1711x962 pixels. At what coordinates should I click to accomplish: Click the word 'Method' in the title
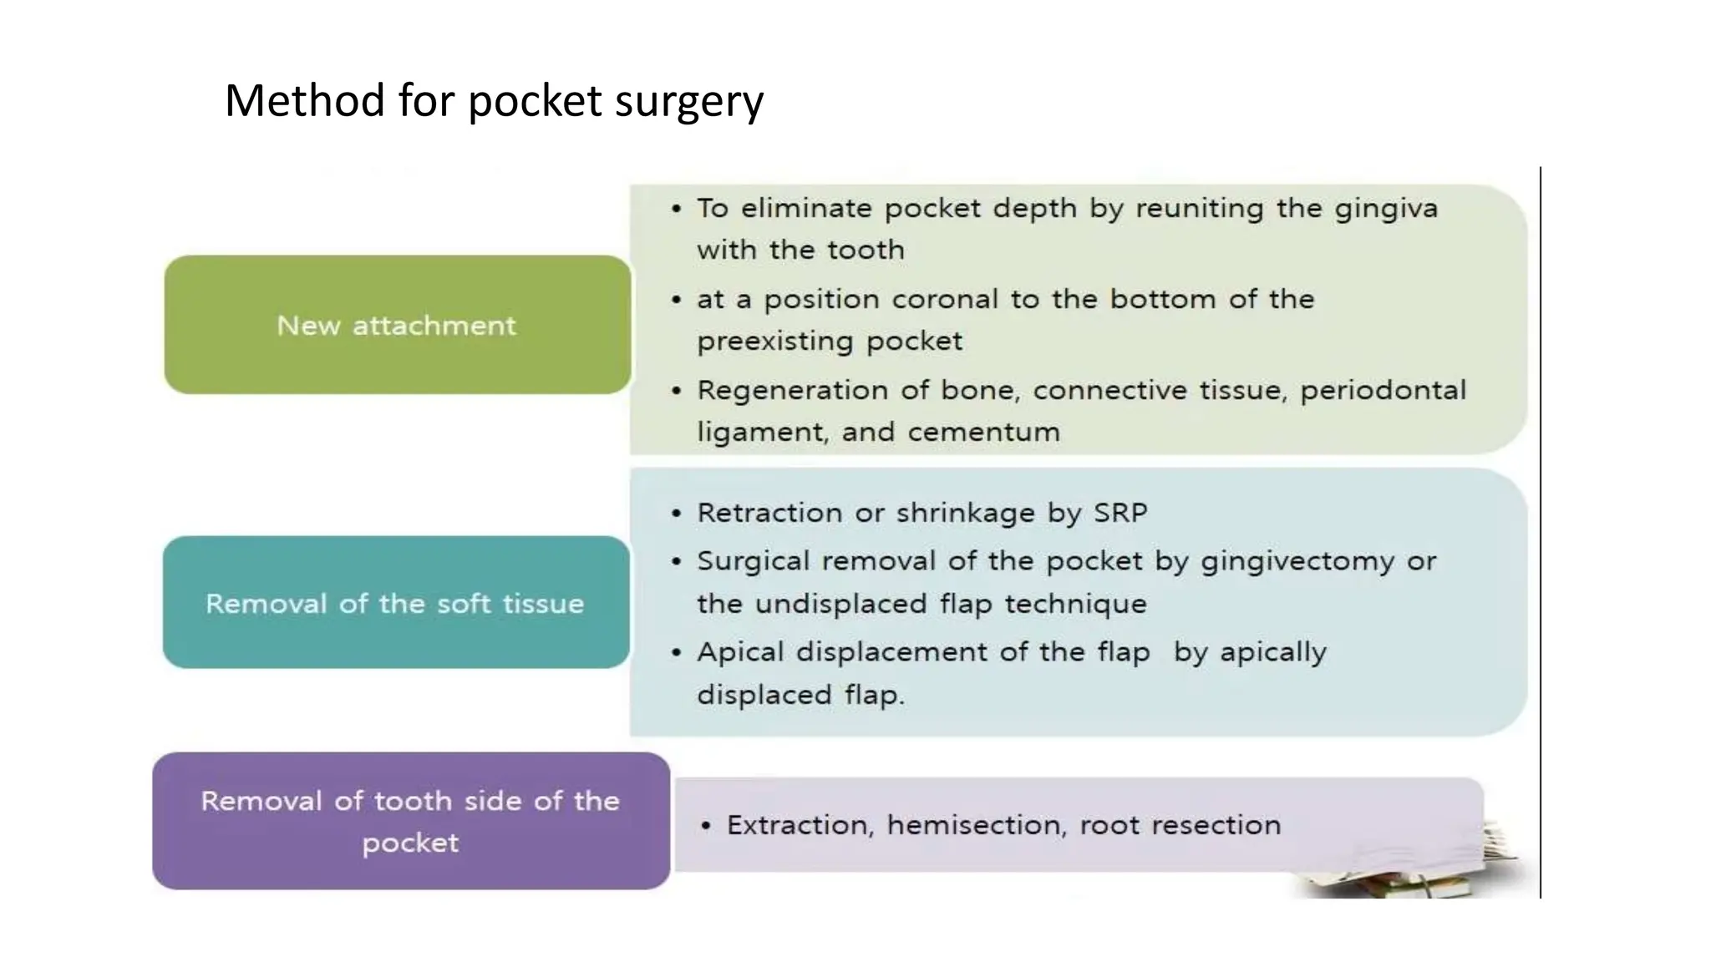(304, 101)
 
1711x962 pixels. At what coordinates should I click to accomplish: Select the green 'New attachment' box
(397, 325)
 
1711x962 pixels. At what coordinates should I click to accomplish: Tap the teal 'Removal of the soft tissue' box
(396, 602)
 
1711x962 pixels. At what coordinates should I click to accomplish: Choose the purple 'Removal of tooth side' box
(410, 821)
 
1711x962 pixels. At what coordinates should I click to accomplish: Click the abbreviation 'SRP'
(1120, 513)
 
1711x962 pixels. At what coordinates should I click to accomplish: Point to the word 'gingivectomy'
(1297, 561)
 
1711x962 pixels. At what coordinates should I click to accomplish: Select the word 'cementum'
(983, 432)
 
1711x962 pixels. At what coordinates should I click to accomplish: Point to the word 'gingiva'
(1386, 208)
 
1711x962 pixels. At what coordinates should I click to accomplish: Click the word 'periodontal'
(1383, 391)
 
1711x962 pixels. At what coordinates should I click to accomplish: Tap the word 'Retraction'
(769, 513)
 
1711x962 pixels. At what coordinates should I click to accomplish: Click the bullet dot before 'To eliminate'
(677, 209)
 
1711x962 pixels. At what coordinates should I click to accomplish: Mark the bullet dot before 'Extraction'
(707, 826)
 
